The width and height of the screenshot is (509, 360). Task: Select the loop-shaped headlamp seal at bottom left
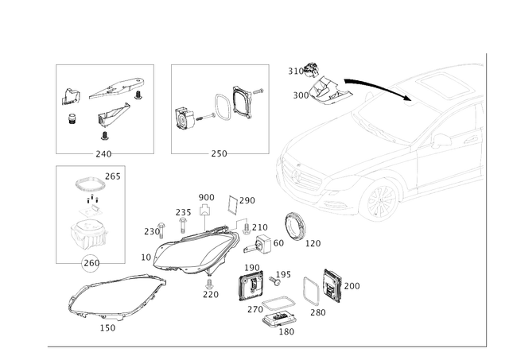coord(111,298)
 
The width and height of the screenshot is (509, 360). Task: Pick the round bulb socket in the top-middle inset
coord(186,118)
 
